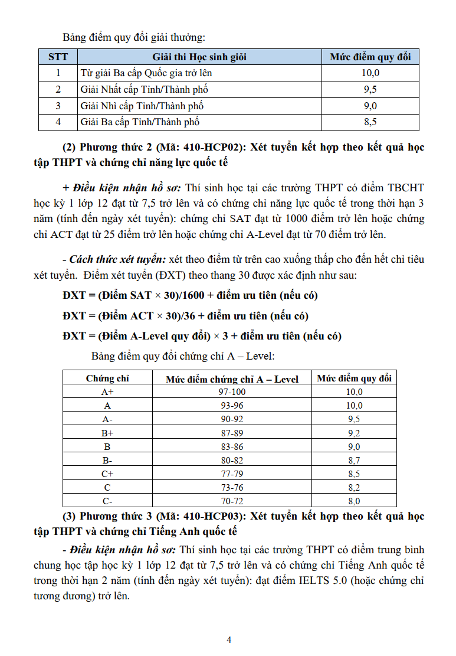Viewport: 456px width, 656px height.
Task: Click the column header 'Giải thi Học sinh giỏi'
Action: [x=199, y=57]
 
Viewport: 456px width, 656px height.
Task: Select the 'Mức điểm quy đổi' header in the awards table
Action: [x=370, y=57]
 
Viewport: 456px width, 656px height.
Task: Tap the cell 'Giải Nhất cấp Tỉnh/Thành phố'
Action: [x=144, y=90]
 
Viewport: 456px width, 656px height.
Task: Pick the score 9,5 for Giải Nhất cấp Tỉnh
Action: [x=370, y=90]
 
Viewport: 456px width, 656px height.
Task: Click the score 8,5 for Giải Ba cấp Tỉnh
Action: [x=370, y=122]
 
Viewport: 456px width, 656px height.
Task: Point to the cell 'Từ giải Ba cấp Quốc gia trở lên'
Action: [x=146, y=73]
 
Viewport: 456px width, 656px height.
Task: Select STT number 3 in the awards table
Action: [x=58, y=106]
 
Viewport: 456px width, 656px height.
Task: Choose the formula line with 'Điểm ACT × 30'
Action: [x=185, y=316]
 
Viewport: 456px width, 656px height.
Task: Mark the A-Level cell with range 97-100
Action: [x=232, y=392]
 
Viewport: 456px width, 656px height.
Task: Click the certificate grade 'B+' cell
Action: [x=107, y=433]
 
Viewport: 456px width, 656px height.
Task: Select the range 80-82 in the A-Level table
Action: [x=232, y=461]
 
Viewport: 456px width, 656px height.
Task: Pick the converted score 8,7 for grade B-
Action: [x=353, y=461]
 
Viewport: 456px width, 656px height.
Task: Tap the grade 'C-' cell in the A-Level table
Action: [x=107, y=501]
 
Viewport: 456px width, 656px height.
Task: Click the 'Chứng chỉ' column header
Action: [x=107, y=378]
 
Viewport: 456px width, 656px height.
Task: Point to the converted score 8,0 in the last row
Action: [x=353, y=501]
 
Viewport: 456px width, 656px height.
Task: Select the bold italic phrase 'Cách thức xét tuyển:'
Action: [x=118, y=259]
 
